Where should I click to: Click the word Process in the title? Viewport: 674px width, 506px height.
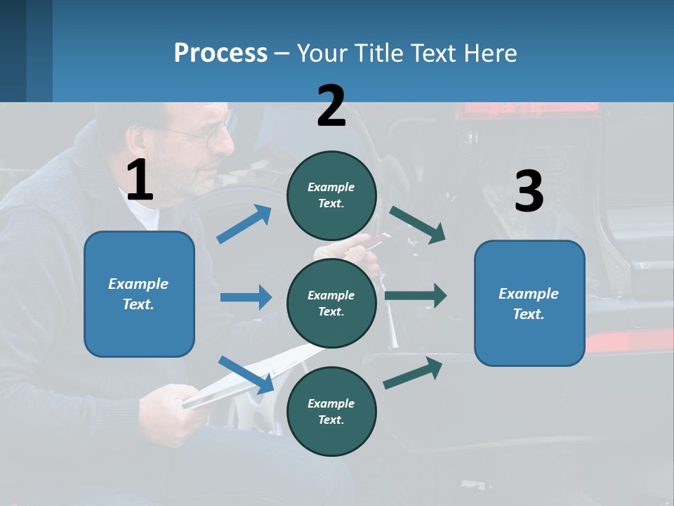coord(220,53)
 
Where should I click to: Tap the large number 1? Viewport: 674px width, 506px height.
coord(140,181)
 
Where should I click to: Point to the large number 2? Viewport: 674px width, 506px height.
coord(331,106)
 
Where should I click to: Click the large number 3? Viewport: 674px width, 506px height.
coord(529,191)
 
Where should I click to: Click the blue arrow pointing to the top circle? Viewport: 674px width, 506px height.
coord(244,224)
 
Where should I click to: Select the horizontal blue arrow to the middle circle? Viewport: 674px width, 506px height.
coord(246,297)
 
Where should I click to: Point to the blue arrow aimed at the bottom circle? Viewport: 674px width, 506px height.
coord(246,375)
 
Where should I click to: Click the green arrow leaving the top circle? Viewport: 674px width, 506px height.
coord(418,225)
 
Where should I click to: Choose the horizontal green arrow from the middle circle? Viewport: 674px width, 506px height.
coord(416,295)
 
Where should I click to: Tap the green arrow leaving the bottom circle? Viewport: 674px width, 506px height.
coord(413,373)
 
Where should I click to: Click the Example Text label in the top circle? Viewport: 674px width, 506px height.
coord(331,195)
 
